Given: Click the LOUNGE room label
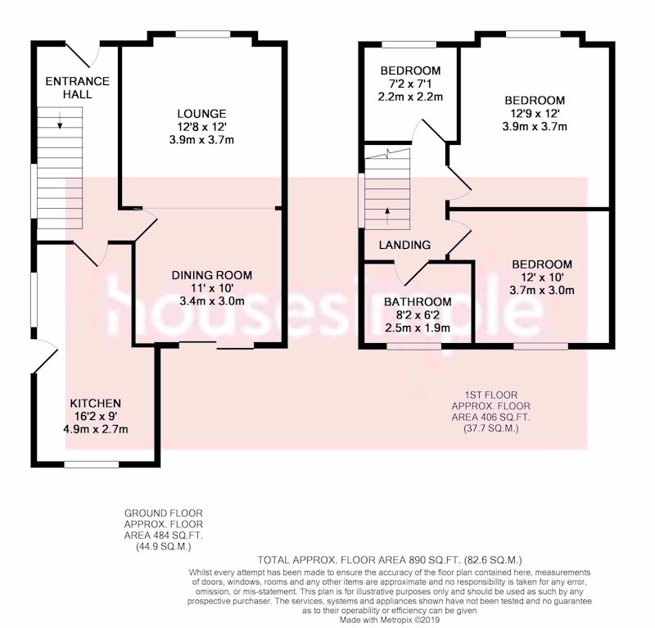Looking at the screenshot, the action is [x=201, y=114].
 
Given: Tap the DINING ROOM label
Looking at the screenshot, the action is [x=212, y=275].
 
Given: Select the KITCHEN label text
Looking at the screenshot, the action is [x=95, y=404].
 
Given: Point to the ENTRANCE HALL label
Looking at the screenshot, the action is [x=77, y=88].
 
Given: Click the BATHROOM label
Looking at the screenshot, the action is [x=418, y=302].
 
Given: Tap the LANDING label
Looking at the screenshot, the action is [x=404, y=246].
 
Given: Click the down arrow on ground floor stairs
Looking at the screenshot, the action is [x=60, y=120].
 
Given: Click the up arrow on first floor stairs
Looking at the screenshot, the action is [x=387, y=216].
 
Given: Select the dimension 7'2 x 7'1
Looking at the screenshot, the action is [x=410, y=84].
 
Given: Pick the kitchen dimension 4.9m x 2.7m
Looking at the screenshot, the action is [x=95, y=429].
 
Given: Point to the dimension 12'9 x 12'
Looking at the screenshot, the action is [x=535, y=113].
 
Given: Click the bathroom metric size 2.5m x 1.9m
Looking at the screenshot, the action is [x=418, y=328].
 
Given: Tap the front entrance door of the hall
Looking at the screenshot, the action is [x=84, y=55].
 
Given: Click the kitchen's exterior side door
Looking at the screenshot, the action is [x=45, y=355].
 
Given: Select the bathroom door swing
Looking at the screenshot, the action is [x=412, y=273].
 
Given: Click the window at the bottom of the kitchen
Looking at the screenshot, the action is [x=92, y=464].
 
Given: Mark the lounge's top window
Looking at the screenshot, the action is [x=203, y=34].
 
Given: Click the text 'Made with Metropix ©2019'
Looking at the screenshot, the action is [x=390, y=621].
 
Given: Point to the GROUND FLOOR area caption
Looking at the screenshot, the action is [x=163, y=530].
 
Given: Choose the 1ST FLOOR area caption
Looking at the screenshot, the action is [x=490, y=412].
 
